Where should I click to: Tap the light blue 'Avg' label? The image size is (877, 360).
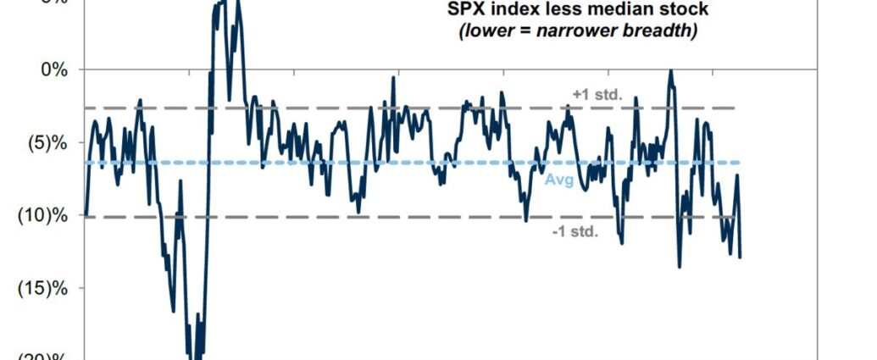click(x=558, y=180)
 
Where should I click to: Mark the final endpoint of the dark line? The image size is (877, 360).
click(x=740, y=257)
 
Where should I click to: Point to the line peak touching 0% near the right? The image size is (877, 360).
click(x=670, y=70)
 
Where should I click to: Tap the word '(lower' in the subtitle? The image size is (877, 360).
click(x=482, y=31)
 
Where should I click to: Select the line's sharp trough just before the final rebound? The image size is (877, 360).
click(x=730, y=252)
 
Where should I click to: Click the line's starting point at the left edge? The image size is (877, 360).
click(x=86, y=214)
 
